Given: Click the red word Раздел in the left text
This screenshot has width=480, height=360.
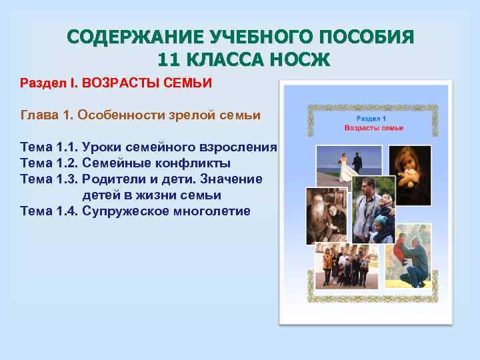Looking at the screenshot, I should (x=39, y=84).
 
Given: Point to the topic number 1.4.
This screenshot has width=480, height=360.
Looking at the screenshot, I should (x=64, y=211).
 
